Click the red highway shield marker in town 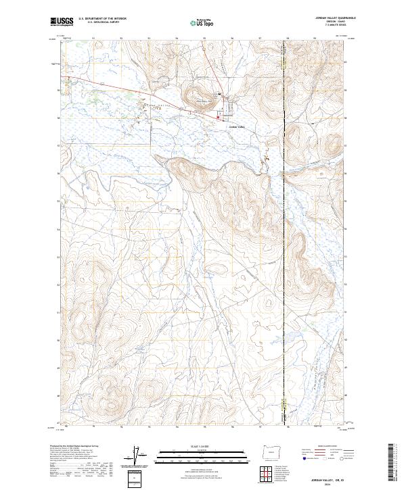[217, 120]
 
